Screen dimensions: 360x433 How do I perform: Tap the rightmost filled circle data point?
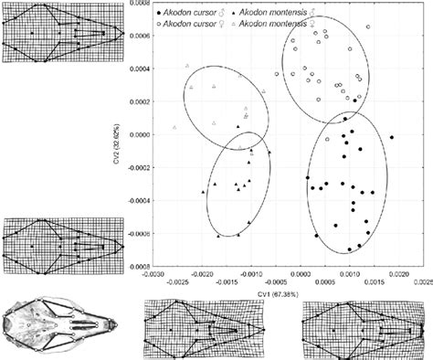tap(392, 137)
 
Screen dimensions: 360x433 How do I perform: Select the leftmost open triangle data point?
tap(174, 126)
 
